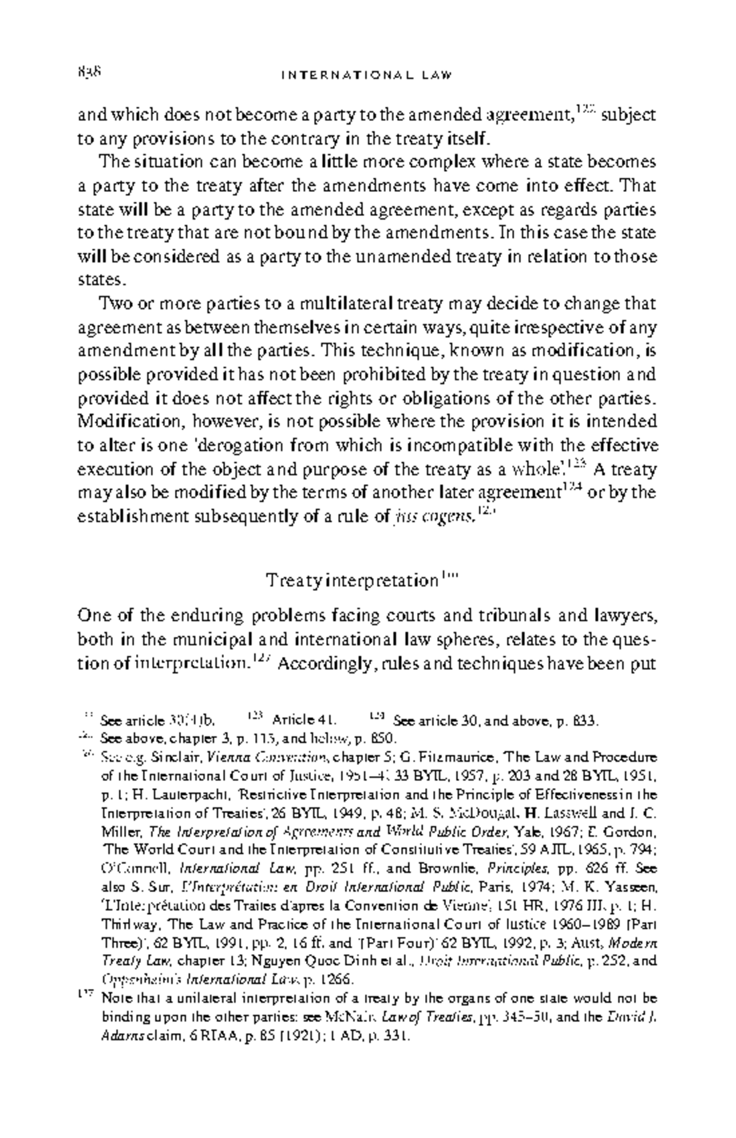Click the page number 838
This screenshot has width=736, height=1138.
pyautogui.click(x=90, y=72)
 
